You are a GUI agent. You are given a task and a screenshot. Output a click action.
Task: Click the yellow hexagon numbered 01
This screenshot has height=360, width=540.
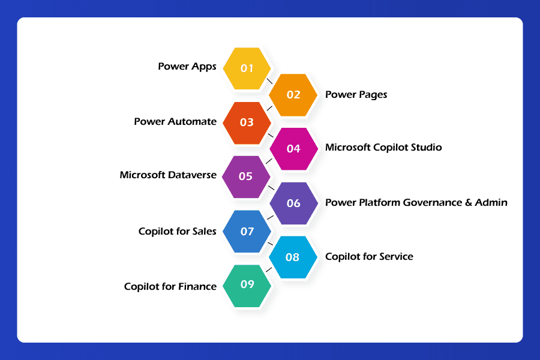pyautogui.click(x=247, y=68)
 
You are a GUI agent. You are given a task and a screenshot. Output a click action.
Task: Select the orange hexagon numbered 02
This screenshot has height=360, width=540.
pyautogui.click(x=293, y=95)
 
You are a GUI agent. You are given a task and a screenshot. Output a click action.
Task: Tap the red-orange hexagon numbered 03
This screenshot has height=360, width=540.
pyautogui.click(x=247, y=122)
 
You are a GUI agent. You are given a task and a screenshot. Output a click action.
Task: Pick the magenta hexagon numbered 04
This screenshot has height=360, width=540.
pyautogui.click(x=293, y=149)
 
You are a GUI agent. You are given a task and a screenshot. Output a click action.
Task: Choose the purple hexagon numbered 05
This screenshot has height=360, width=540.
pyautogui.click(x=246, y=176)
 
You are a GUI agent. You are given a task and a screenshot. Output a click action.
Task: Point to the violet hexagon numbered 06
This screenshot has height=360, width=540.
pyautogui.click(x=293, y=203)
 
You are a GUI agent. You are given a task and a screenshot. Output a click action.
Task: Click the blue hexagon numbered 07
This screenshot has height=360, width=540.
pyautogui.click(x=247, y=231)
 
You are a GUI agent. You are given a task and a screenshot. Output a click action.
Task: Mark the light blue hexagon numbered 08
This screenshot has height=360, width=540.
pyautogui.click(x=292, y=257)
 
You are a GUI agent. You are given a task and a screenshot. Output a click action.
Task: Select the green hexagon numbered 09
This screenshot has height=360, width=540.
pyautogui.click(x=247, y=284)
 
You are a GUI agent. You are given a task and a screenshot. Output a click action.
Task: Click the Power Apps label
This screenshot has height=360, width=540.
pyautogui.click(x=187, y=67)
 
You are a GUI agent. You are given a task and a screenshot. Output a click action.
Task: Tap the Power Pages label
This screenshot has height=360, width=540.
pyautogui.click(x=356, y=94)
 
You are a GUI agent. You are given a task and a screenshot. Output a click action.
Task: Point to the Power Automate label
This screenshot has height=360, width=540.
pyautogui.click(x=175, y=121)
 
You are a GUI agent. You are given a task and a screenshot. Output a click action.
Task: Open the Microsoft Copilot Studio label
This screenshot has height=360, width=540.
pyautogui.click(x=383, y=147)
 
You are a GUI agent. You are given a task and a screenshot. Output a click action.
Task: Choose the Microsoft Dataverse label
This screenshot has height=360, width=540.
pyautogui.click(x=168, y=175)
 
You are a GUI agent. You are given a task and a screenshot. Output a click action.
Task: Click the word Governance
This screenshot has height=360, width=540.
pyautogui.click(x=432, y=202)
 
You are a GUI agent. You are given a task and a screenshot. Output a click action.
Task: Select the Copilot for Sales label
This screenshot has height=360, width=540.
pyautogui.click(x=178, y=231)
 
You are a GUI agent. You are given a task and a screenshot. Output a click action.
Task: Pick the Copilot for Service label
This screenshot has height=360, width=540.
pyautogui.click(x=369, y=256)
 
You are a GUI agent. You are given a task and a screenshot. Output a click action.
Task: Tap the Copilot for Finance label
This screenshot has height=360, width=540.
pyautogui.click(x=170, y=286)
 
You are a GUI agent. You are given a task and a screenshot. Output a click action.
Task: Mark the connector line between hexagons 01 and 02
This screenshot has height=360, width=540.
pyautogui.click(x=270, y=80)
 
